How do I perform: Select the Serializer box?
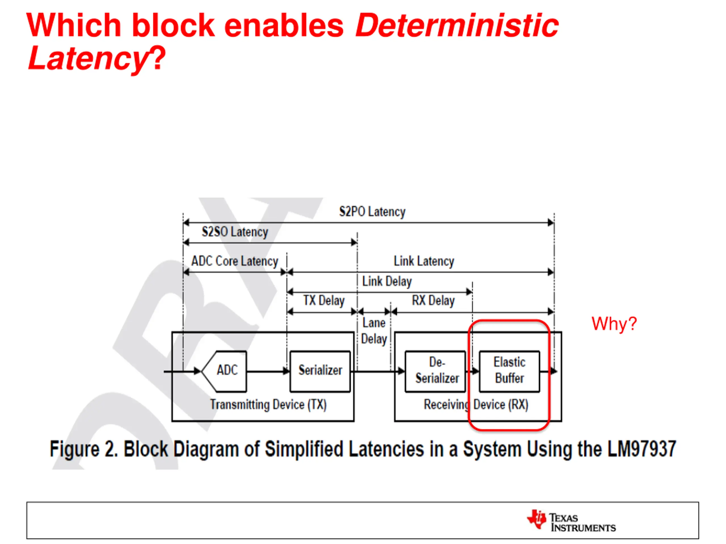click(x=320, y=371)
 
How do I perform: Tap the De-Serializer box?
click(x=436, y=371)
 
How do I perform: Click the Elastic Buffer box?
click(x=509, y=371)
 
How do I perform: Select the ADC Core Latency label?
click(x=235, y=261)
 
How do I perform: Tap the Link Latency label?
click(x=424, y=261)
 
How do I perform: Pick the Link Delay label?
click(x=387, y=281)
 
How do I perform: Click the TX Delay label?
click(x=324, y=301)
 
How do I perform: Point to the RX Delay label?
click(x=433, y=301)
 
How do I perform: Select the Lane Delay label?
click(x=374, y=331)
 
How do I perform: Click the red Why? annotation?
click(x=614, y=324)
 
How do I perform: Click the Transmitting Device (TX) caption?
click(x=268, y=405)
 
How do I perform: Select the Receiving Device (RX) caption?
click(x=476, y=405)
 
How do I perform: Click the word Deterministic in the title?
click(x=457, y=25)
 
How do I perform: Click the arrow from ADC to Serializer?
click(x=267, y=371)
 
